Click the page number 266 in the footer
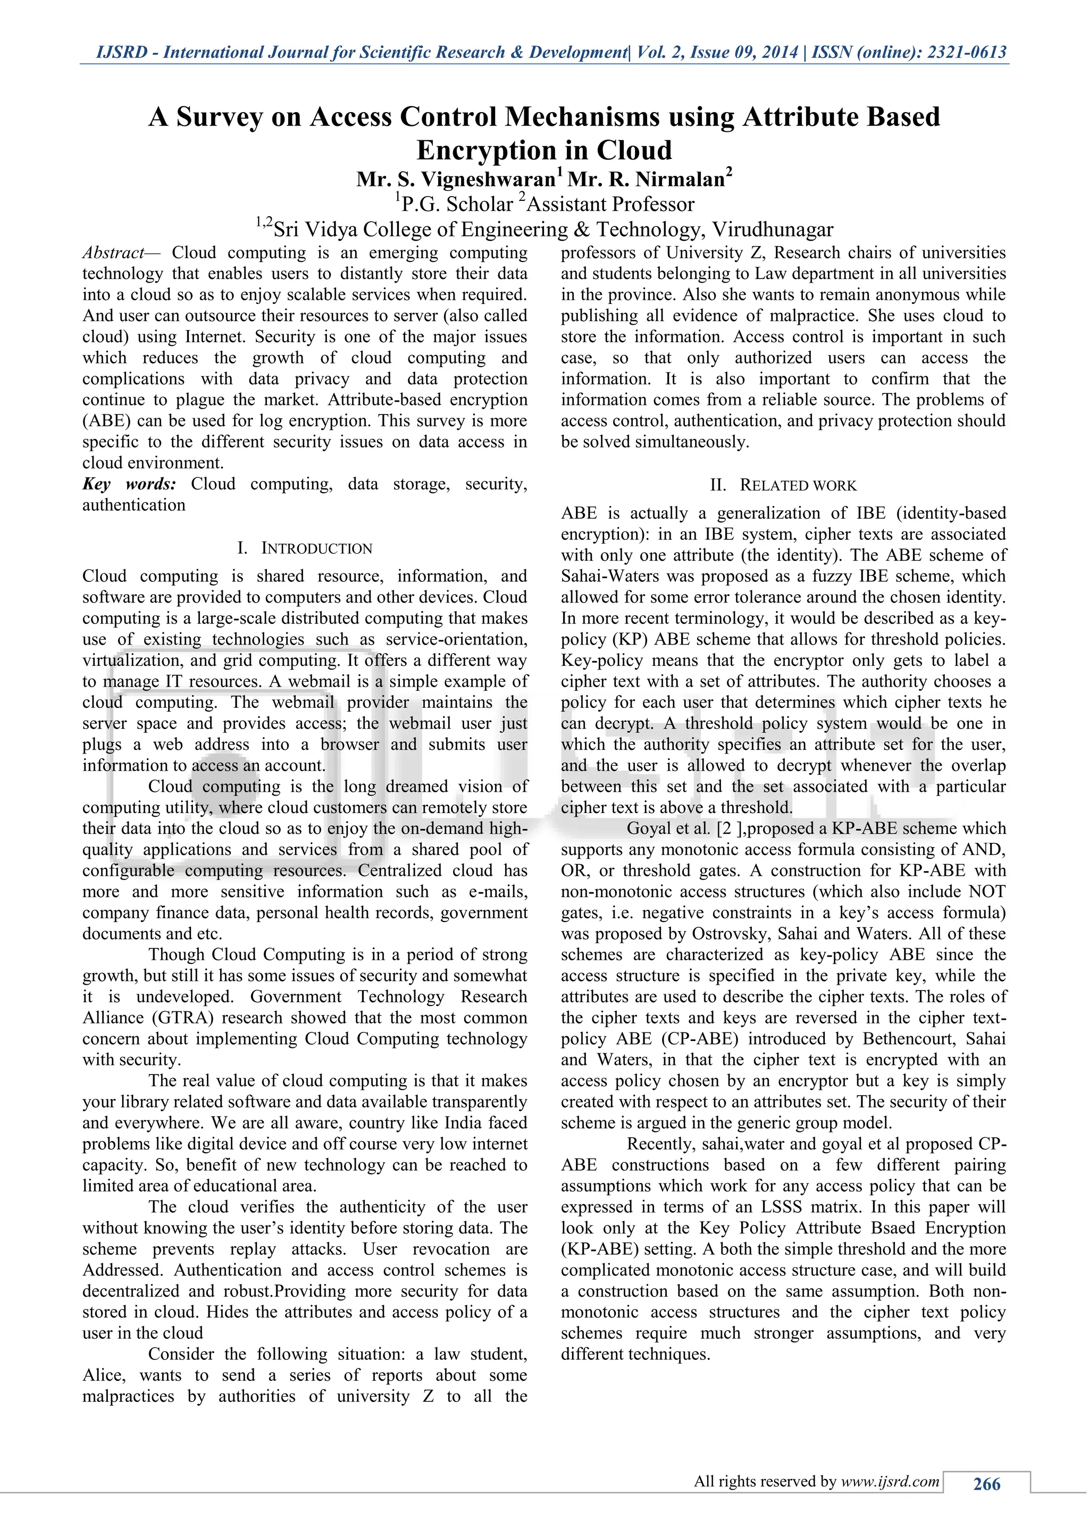(x=986, y=1484)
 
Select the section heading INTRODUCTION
(x=316, y=548)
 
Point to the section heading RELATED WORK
(x=798, y=485)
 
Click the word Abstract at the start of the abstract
(x=113, y=253)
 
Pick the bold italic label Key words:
(x=129, y=484)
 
